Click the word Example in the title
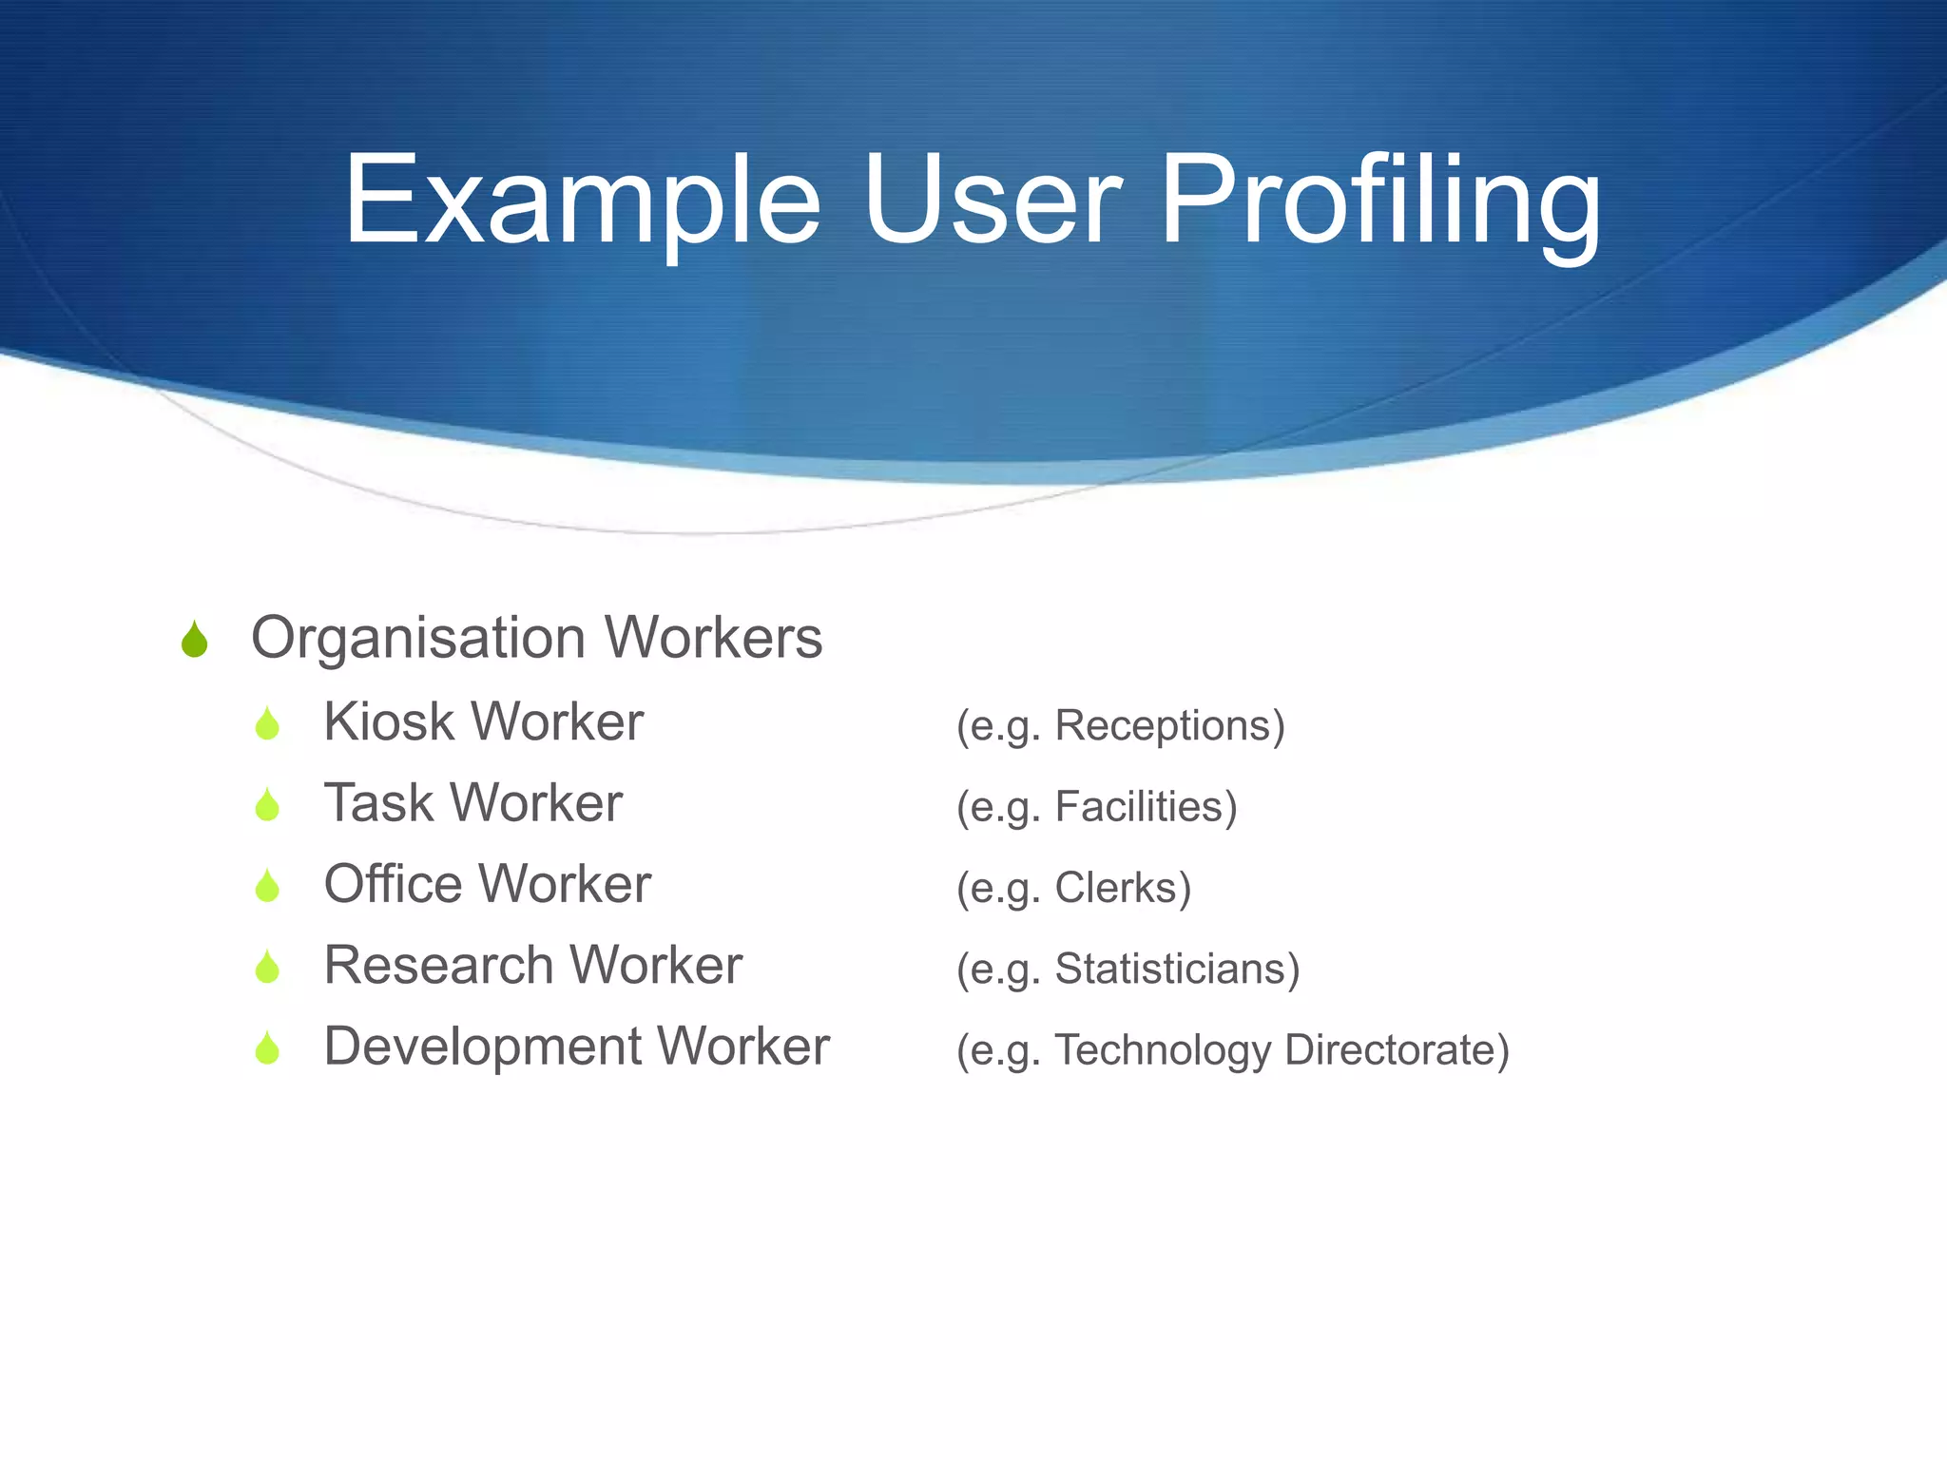582,202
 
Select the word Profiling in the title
1380,202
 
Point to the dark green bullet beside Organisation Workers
194,640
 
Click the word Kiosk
389,721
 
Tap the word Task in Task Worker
378,803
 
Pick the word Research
438,966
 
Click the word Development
482,1047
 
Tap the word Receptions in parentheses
1169,726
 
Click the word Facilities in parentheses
1146,807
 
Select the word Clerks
1122,888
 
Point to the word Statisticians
1177,970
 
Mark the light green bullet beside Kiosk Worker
267,724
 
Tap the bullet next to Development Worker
267,1048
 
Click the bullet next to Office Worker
267,886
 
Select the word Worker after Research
656,966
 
